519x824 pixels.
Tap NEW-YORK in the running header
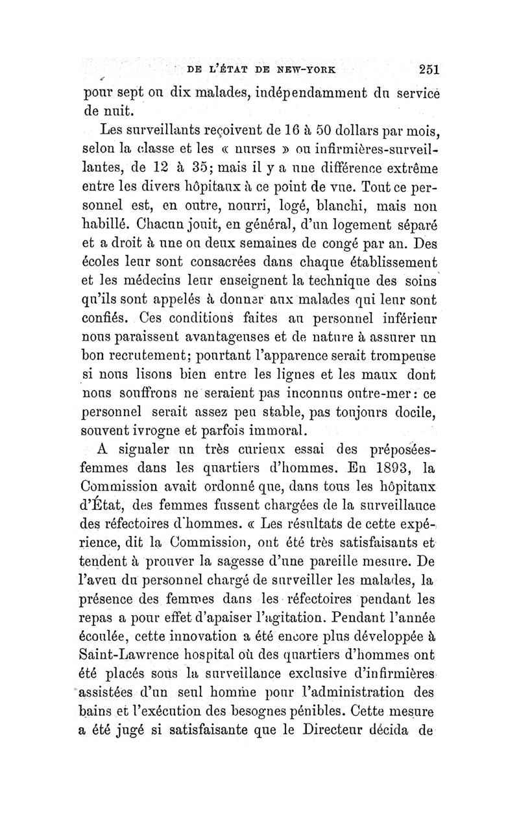298,70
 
